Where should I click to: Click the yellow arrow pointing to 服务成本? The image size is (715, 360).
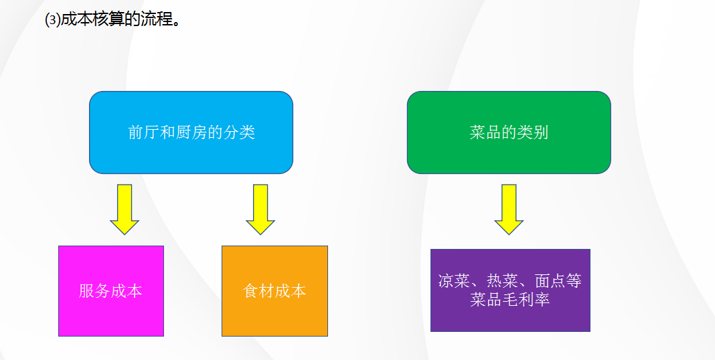pyautogui.click(x=125, y=209)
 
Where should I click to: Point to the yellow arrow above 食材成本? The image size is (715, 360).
pyautogui.click(x=260, y=209)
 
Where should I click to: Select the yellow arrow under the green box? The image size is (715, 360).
pyautogui.click(x=509, y=209)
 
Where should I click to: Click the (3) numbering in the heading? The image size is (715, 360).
pyautogui.click(x=52, y=20)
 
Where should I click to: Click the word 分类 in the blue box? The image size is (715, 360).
pyautogui.click(x=240, y=132)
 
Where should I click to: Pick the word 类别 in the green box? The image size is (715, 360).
pyautogui.click(x=533, y=132)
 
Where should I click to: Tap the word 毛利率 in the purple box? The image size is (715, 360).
pyautogui.click(x=526, y=299)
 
